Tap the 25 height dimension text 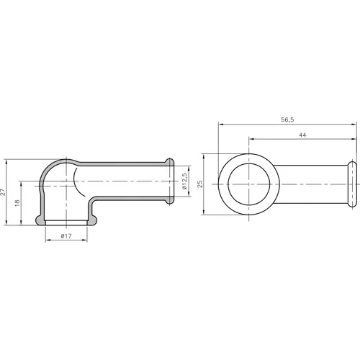(x=201, y=184)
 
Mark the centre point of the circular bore (x=248, y=184)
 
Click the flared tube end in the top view (x=353, y=184)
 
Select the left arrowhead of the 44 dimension (x=250, y=139)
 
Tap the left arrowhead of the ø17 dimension (x=48, y=240)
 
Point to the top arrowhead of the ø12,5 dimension (x=179, y=164)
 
